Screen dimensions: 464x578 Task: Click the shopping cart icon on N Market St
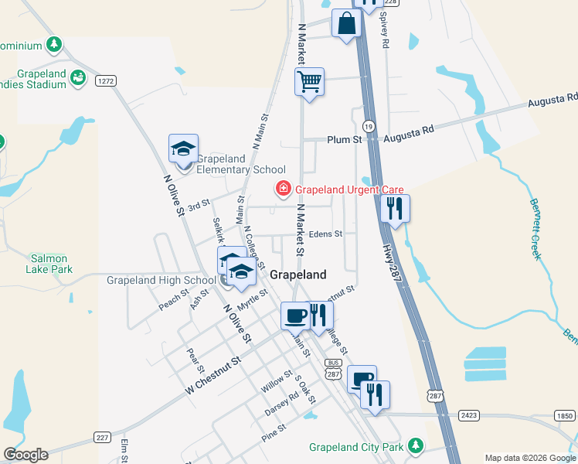[309, 81]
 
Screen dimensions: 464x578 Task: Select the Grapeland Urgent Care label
[339, 189]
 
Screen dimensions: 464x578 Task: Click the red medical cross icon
[284, 189]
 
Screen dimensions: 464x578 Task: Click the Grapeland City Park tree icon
[416, 445]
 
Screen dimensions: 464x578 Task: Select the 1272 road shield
[106, 80]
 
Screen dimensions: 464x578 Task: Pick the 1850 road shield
[564, 415]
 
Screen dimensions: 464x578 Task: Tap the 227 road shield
[103, 436]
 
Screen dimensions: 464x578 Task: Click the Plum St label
[344, 140]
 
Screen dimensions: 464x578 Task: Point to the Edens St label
[325, 234]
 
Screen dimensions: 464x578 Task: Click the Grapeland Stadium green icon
[77, 77]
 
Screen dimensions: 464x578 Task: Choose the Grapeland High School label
[161, 280]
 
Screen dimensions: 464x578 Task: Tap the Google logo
[25, 455]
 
